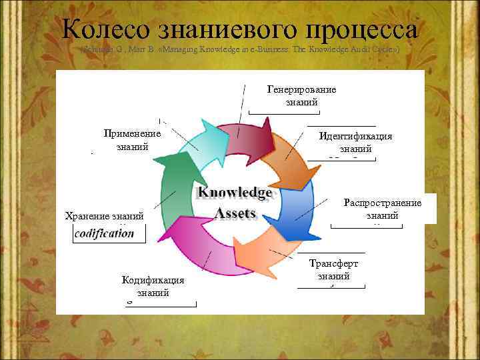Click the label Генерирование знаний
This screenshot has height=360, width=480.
[301, 96]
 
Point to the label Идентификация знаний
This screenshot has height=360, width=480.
[355, 142]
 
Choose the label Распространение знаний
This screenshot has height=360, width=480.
[383, 209]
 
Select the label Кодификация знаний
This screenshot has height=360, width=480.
[153, 287]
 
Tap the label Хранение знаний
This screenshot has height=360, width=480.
[104, 215]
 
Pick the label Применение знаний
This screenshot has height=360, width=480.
[132, 140]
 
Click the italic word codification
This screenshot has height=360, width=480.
[104, 233]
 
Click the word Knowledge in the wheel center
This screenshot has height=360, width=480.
[235, 193]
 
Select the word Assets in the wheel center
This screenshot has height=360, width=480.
[235, 213]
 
